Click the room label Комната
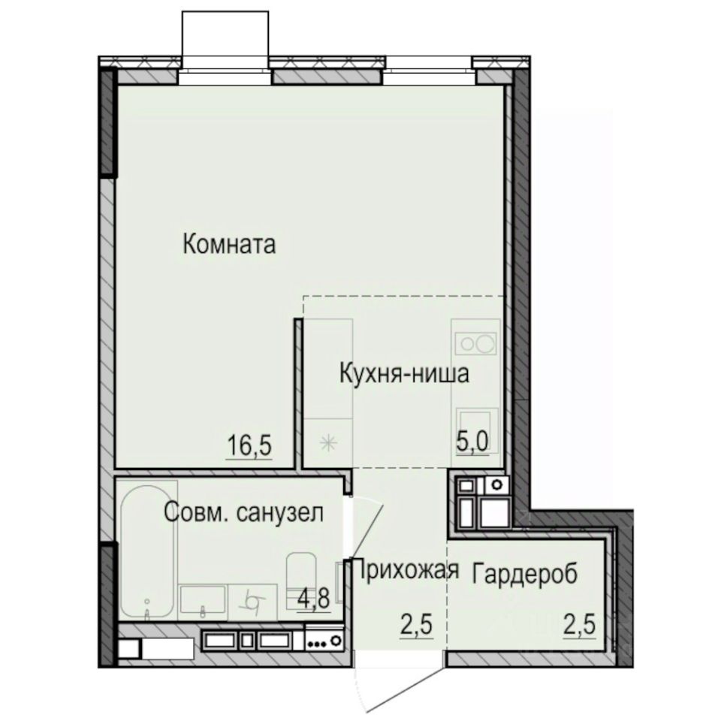pos(230,244)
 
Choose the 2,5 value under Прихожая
pos(411,623)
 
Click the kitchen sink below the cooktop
pos(476,424)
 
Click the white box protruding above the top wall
pos(225,33)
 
